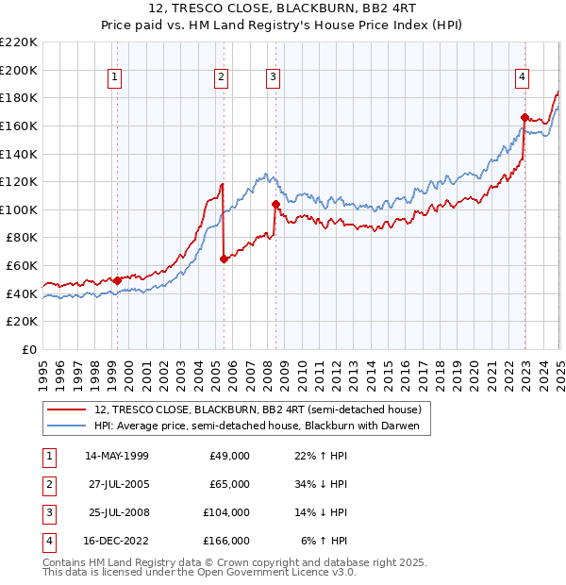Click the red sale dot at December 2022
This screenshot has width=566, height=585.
[x=524, y=117]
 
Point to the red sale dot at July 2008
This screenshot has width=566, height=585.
[x=275, y=204]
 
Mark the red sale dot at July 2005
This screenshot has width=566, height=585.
[x=224, y=259]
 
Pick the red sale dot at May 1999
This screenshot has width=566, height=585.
[x=117, y=280]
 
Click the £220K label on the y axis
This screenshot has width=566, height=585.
[x=19, y=42]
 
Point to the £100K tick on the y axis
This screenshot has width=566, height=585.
[x=19, y=209]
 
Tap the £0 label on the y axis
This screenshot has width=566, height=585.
[x=28, y=349]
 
